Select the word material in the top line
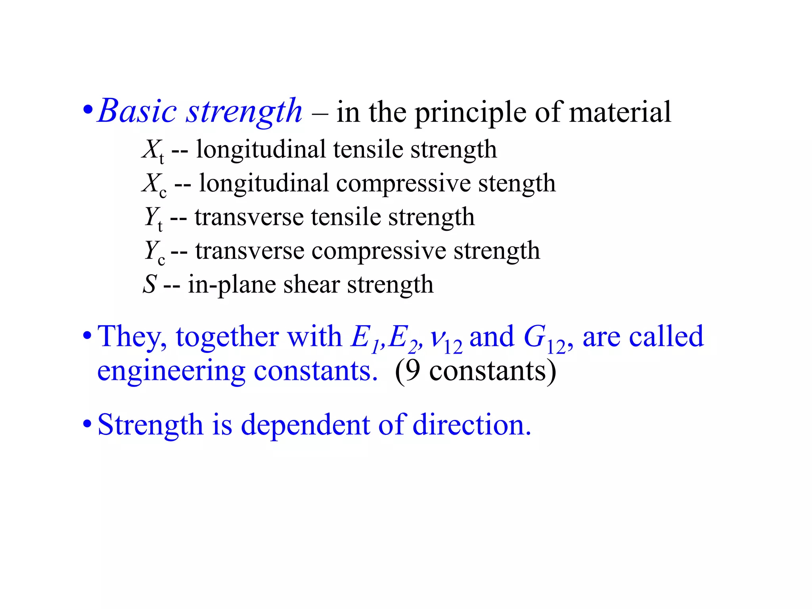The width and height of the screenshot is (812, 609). (620, 112)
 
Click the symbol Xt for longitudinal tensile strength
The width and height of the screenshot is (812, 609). (153, 151)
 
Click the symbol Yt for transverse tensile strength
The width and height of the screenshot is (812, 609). (153, 218)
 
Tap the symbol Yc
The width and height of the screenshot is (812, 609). (155, 252)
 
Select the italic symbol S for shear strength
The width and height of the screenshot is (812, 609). (150, 285)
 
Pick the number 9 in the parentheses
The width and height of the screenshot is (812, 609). (413, 371)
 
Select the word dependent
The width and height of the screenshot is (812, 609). (305, 425)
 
